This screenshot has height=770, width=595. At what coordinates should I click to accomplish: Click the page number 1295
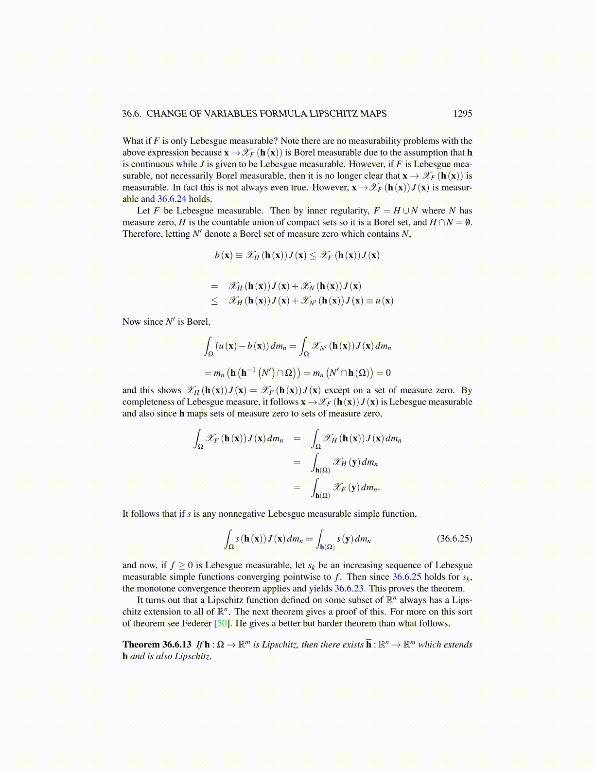[462, 114]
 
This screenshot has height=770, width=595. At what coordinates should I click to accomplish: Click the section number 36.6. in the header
[132, 114]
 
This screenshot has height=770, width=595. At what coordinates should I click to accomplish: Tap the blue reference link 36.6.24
[172, 199]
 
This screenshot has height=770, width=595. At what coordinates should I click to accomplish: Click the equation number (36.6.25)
[455, 538]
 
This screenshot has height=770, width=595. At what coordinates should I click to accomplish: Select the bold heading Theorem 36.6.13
[157, 645]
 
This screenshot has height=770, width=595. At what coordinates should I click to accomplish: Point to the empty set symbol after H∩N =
[468, 222]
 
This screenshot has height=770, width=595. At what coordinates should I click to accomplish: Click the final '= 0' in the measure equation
[384, 373]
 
